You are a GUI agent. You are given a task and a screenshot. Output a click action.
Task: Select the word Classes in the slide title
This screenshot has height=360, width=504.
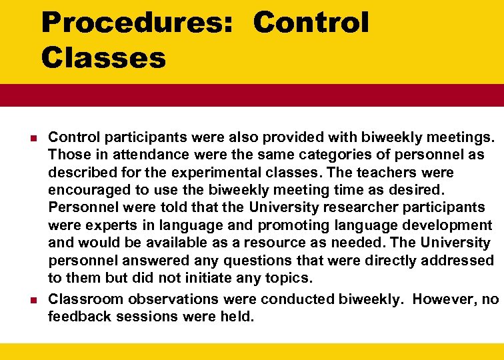click(103, 58)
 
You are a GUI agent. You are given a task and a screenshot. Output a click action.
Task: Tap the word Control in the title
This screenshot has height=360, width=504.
click(311, 23)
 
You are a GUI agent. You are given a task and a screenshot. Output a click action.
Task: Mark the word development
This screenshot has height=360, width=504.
click(445, 225)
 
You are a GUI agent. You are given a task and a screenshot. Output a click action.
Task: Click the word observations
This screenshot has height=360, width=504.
click(175, 299)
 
